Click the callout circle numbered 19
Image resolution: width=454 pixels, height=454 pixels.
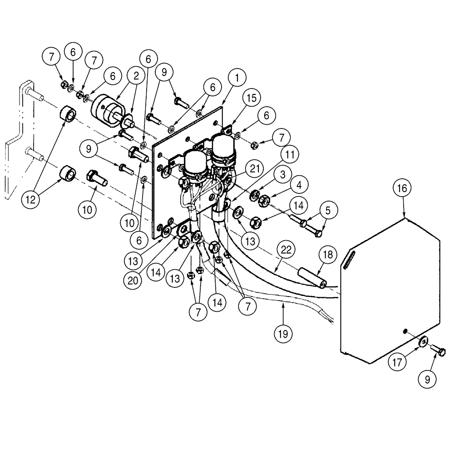click(283, 334)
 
